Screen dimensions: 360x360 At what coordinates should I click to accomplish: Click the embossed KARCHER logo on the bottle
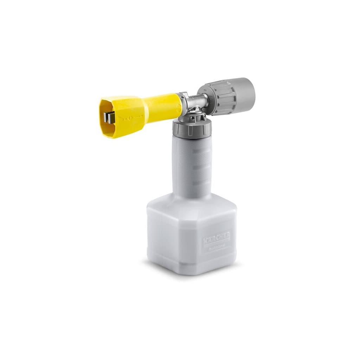[216, 239]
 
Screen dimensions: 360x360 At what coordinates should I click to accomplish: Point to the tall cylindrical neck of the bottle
[193, 165]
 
